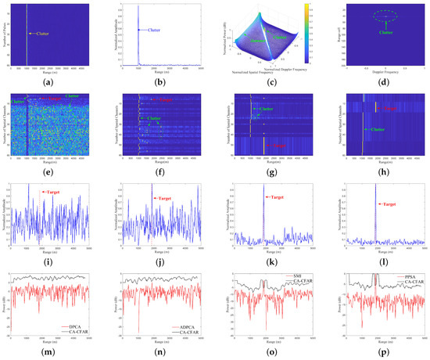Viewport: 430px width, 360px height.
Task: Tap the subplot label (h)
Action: click(375, 170)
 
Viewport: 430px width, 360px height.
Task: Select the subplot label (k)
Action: click(268, 257)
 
